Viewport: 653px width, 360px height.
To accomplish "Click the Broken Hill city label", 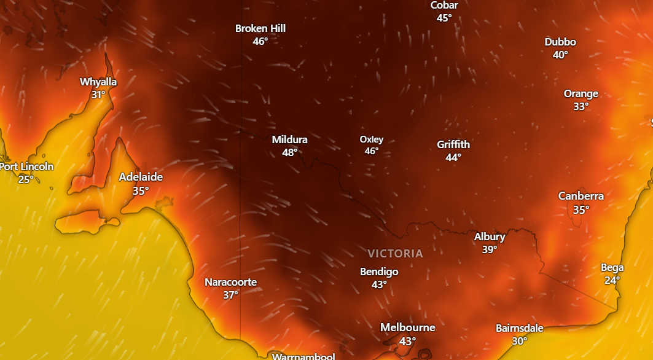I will [x=260, y=28].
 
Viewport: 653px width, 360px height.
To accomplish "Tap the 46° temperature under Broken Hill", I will [x=260, y=41].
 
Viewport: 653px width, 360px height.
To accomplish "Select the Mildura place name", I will [x=289, y=139].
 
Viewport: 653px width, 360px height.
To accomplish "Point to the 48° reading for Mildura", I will [x=289, y=152].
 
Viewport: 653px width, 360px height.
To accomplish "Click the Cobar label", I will [x=444, y=6].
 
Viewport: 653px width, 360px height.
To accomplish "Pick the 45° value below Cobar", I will [x=444, y=18].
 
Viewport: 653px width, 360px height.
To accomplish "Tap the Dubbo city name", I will [x=560, y=42].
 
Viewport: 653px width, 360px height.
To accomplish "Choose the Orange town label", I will [x=581, y=93].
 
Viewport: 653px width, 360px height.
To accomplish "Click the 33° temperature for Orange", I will [x=581, y=106].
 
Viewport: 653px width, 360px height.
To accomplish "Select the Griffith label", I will [x=453, y=144].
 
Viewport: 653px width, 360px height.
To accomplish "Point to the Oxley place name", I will [x=371, y=139].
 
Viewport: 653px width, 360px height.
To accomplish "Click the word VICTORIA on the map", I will [x=395, y=253].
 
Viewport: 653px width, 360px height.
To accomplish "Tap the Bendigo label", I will [x=379, y=272].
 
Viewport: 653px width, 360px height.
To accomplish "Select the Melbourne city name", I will [x=407, y=327].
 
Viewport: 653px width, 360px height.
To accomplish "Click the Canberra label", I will [x=581, y=196].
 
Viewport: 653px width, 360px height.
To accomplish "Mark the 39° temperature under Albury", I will [x=490, y=249].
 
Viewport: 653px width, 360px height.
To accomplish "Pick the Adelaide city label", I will [x=141, y=177].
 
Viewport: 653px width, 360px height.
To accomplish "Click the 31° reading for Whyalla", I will [x=98, y=95].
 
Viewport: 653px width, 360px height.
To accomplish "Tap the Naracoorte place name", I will [x=230, y=282].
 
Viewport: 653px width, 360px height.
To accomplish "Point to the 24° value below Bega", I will [x=612, y=280].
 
